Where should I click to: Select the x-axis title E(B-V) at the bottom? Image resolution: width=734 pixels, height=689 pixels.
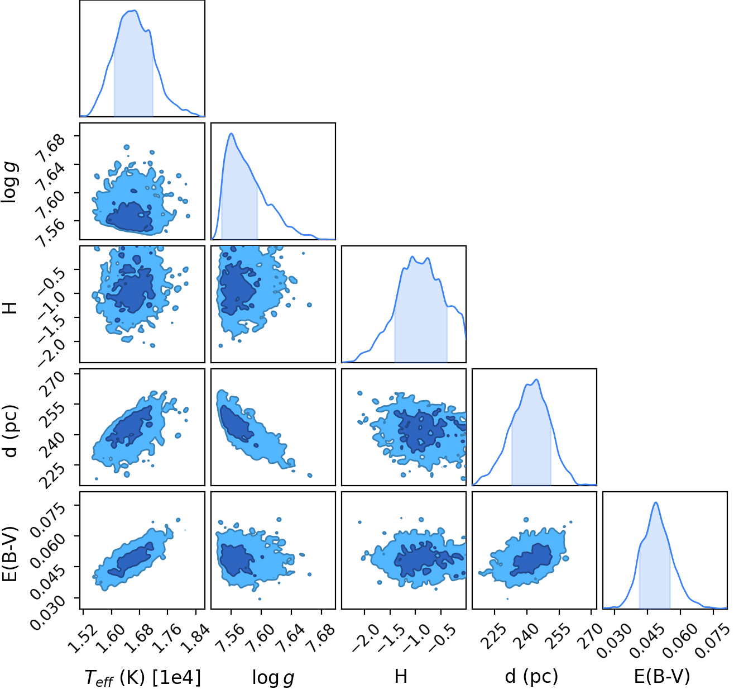coord(662,676)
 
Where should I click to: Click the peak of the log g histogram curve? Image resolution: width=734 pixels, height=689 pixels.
coord(231,133)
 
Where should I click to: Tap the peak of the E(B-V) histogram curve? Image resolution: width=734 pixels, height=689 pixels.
coord(656,502)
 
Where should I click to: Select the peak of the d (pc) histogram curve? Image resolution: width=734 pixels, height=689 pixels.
coord(536,379)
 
